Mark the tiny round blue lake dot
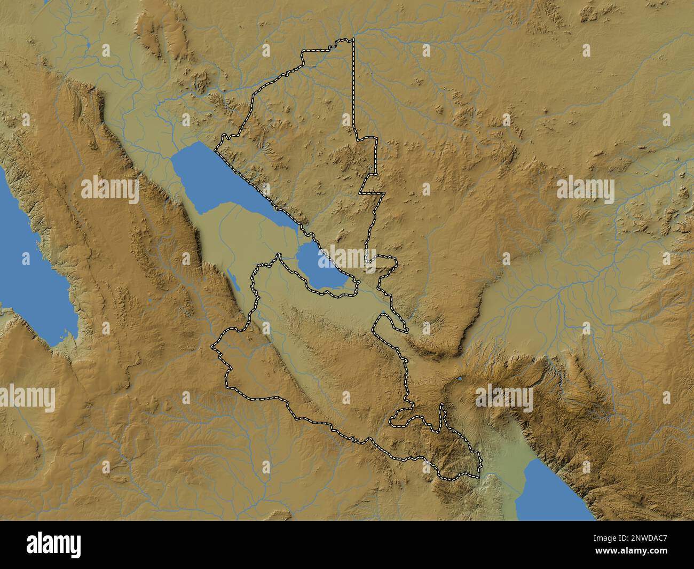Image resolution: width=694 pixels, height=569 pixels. click(x=460, y=380)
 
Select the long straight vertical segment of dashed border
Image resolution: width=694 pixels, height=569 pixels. click(x=353, y=85)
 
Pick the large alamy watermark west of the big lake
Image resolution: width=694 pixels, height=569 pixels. click(x=110, y=191)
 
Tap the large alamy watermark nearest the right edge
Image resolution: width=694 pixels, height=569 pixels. click(x=585, y=191)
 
